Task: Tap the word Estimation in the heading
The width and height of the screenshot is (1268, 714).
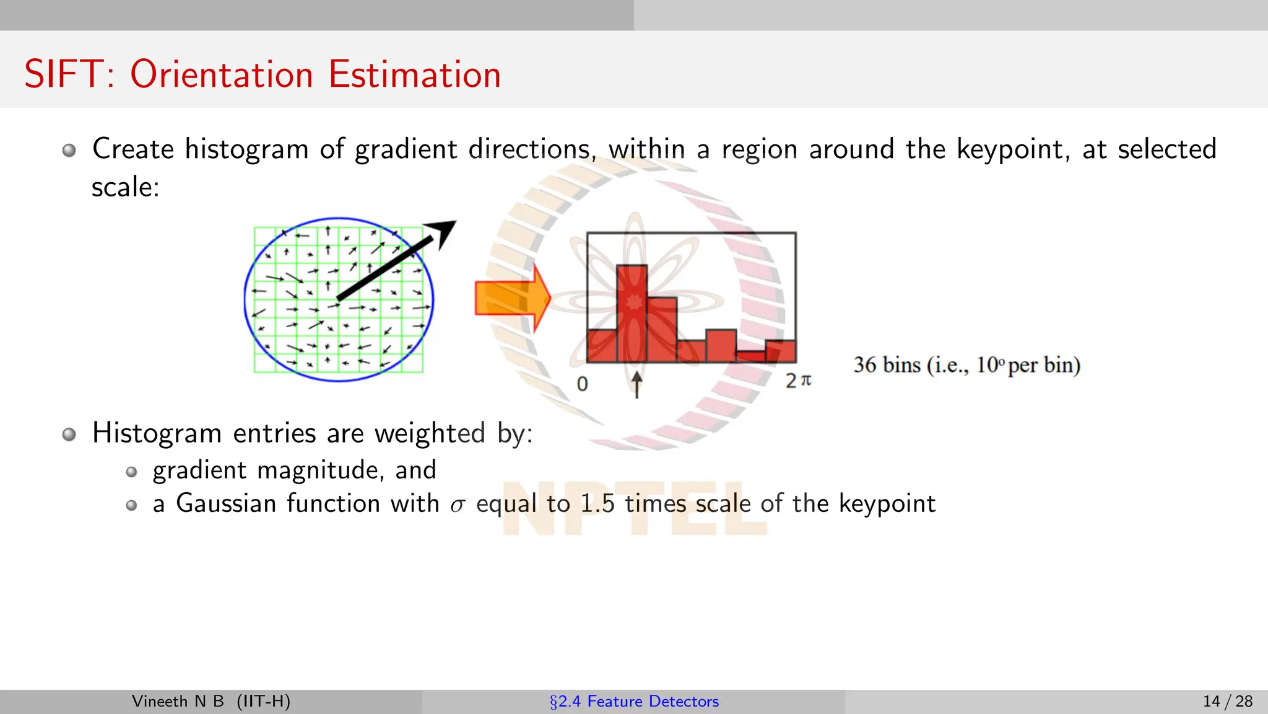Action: tap(414, 74)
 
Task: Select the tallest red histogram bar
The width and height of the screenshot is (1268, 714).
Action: tap(632, 313)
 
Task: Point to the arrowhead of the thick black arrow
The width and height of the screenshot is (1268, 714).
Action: tap(445, 231)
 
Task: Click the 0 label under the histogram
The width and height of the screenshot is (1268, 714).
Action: tap(582, 384)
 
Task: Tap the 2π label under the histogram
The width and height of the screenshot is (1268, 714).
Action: tap(798, 381)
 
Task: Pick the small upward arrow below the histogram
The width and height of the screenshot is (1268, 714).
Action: tap(636, 384)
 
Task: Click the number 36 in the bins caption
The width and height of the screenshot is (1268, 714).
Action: tap(865, 365)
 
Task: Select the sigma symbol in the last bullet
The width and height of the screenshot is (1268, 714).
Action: tap(457, 506)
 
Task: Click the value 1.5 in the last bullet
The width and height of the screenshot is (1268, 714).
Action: tap(597, 503)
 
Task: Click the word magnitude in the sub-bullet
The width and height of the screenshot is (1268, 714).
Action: tap(318, 470)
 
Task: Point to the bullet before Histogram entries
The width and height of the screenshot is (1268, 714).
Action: tap(69, 434)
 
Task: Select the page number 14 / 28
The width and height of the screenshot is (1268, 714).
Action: tap(1227, 701)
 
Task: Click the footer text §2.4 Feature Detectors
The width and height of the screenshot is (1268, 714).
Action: tap(634, 701)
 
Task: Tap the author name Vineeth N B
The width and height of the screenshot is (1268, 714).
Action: tap(178, 701)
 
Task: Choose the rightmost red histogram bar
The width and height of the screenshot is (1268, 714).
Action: tap(781, 351)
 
